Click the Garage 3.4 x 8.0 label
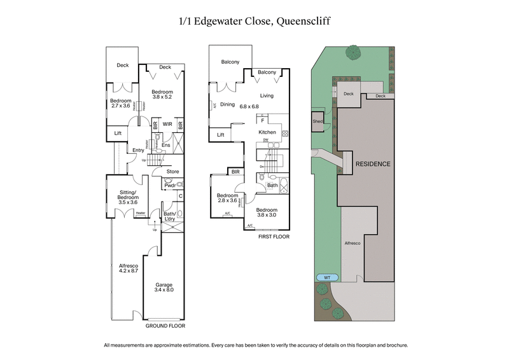tap(164, 287)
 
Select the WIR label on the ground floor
tap(168, 125)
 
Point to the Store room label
tap(172, 171)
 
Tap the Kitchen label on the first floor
tap(267, 132)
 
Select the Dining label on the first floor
tap(227, 105)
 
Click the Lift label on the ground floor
tap(118, 133)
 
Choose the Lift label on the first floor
tap(221, 135)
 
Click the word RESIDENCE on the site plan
tap(373, 163)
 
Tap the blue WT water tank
tap(327, 277)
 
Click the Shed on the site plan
tap(317, 121)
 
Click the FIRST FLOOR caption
tap(274, 237)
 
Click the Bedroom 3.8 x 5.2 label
tap(162, 96)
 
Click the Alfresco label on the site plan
tap(353, 244)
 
